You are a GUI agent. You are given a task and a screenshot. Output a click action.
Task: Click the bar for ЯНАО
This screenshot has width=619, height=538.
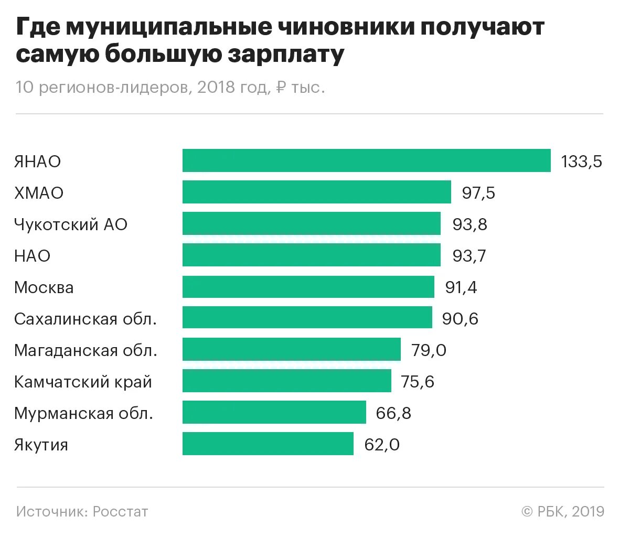tap(366, 160)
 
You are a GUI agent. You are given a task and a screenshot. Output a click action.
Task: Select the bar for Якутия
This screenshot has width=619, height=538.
tap(268, 444)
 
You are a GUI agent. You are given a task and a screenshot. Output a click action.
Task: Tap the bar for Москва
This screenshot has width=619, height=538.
tap(308, 287)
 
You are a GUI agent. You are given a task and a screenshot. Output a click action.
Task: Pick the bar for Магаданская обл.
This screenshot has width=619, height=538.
tap(291, 350)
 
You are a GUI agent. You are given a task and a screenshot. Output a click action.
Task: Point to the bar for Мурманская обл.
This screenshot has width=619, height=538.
tap(274, 412)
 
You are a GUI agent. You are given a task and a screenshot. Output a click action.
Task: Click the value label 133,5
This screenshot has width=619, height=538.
tap(581, 162)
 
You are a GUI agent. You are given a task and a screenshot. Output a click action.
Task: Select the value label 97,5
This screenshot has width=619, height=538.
tap(478, 193)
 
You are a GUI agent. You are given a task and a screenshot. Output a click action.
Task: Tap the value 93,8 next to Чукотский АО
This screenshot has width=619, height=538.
tap(469, 224)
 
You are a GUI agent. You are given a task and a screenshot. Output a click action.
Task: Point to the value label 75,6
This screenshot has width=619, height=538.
tap(418, 382)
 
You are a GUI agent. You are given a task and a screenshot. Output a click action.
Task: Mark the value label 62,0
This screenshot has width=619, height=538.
tap(382, 445)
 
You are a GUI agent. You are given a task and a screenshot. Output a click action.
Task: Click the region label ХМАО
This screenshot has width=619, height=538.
tap(39, 193)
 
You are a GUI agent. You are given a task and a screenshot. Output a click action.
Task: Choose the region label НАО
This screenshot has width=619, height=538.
tap(33, 256)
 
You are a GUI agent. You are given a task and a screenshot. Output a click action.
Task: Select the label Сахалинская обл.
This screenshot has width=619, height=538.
tap(86, 319)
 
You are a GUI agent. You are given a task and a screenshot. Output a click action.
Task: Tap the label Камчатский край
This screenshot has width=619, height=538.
tap(83, 382)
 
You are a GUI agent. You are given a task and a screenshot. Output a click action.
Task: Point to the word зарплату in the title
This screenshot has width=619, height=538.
tap(285, 55)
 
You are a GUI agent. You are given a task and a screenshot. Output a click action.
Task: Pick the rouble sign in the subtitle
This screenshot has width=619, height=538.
tap(281, 87)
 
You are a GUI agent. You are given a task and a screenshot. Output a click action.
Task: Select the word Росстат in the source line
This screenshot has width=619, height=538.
tap(120, 511)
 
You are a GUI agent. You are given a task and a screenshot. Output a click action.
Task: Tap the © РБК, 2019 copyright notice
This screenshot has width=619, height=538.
tap(562, 511)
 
